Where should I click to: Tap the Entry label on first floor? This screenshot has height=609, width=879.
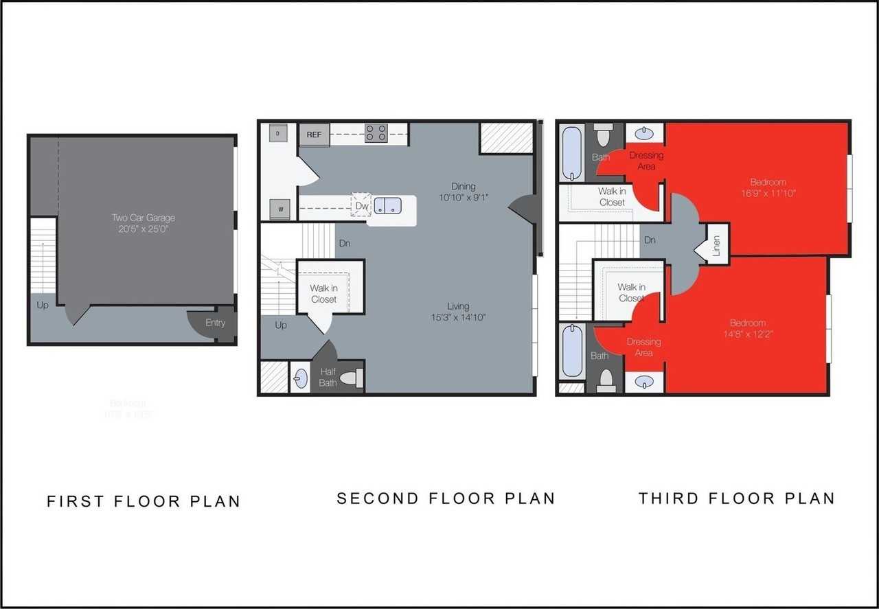coord(215,323)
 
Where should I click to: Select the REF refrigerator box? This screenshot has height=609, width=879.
coord(314,135)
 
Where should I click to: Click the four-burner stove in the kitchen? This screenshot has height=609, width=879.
coord(376,133)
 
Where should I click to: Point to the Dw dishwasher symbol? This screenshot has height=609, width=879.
coord(361,205)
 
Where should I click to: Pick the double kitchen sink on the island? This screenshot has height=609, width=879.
coord(387,205)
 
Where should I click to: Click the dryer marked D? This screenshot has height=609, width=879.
coord(278,133)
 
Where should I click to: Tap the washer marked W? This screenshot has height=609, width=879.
coord(279,209)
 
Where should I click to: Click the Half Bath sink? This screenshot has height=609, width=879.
coord(300,379)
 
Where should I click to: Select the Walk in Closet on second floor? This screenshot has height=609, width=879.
coord(323,294)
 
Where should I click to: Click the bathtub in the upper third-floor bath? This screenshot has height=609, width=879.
coord(571,152)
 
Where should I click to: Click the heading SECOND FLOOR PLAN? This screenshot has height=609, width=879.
coord(445,498)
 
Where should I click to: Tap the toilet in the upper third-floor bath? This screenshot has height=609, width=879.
coord(604,136)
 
